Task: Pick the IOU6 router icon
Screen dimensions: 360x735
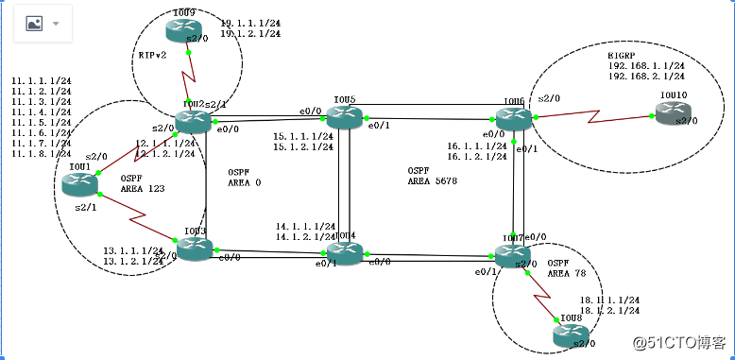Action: [x=514, y=119]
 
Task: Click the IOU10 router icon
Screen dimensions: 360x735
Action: [x=672, y=114]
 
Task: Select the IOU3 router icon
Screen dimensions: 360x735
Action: [x=196, y=249]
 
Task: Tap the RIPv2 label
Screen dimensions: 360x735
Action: [x=152, y=56]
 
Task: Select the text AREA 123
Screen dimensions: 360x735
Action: [x=143, y=189]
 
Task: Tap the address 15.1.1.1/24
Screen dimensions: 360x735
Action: [x=303, y=136]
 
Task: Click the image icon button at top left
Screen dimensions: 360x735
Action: [x=33, y=24]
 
